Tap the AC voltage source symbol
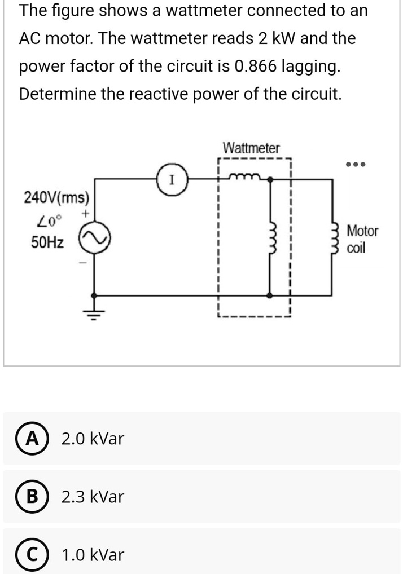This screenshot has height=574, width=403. click(94, 242)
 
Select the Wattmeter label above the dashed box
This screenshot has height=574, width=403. click(251, 148)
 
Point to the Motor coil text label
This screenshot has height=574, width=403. click(362, 239)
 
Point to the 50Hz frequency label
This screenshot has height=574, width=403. click(47, 243)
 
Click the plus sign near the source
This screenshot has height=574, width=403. click(86, 215)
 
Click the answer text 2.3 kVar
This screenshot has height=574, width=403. click(93, 497)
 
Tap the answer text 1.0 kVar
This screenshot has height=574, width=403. click(93, 555)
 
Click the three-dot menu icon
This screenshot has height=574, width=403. click(357, 165)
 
